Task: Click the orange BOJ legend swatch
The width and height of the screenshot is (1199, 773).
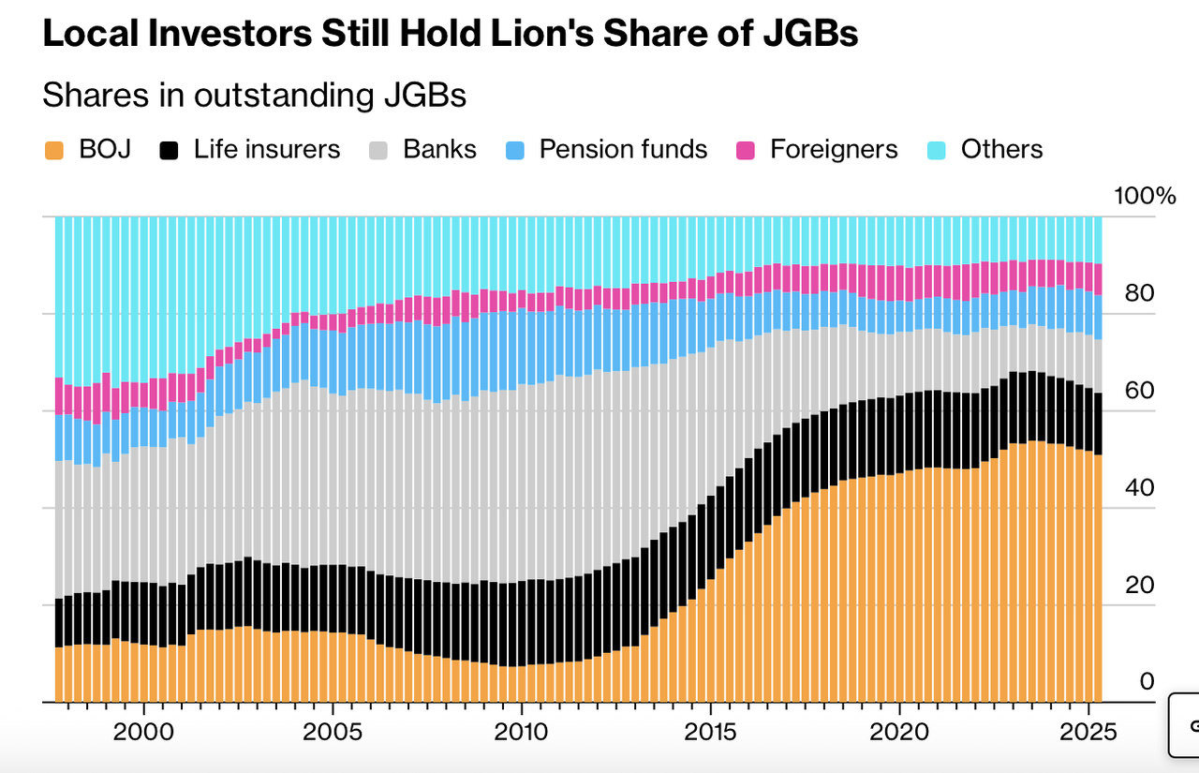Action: [54, 150]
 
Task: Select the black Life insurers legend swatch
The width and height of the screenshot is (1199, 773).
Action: [170, 150]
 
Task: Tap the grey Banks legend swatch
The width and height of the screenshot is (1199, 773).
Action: [378, 150]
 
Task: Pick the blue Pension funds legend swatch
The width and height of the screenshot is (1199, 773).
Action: [515, 150]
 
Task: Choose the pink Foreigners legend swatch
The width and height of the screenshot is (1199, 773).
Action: [746, 150]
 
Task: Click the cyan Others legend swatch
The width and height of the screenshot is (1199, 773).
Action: [937, 150]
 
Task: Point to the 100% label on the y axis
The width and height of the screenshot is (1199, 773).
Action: [1144, 197]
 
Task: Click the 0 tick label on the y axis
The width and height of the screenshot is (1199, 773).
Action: [1147, 682]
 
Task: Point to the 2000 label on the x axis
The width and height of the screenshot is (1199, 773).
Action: [143, 731]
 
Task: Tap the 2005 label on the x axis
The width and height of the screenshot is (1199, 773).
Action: [333, 731]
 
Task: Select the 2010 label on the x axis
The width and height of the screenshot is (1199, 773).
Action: [521, 731]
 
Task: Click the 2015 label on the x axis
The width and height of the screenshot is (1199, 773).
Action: [710, 731]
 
